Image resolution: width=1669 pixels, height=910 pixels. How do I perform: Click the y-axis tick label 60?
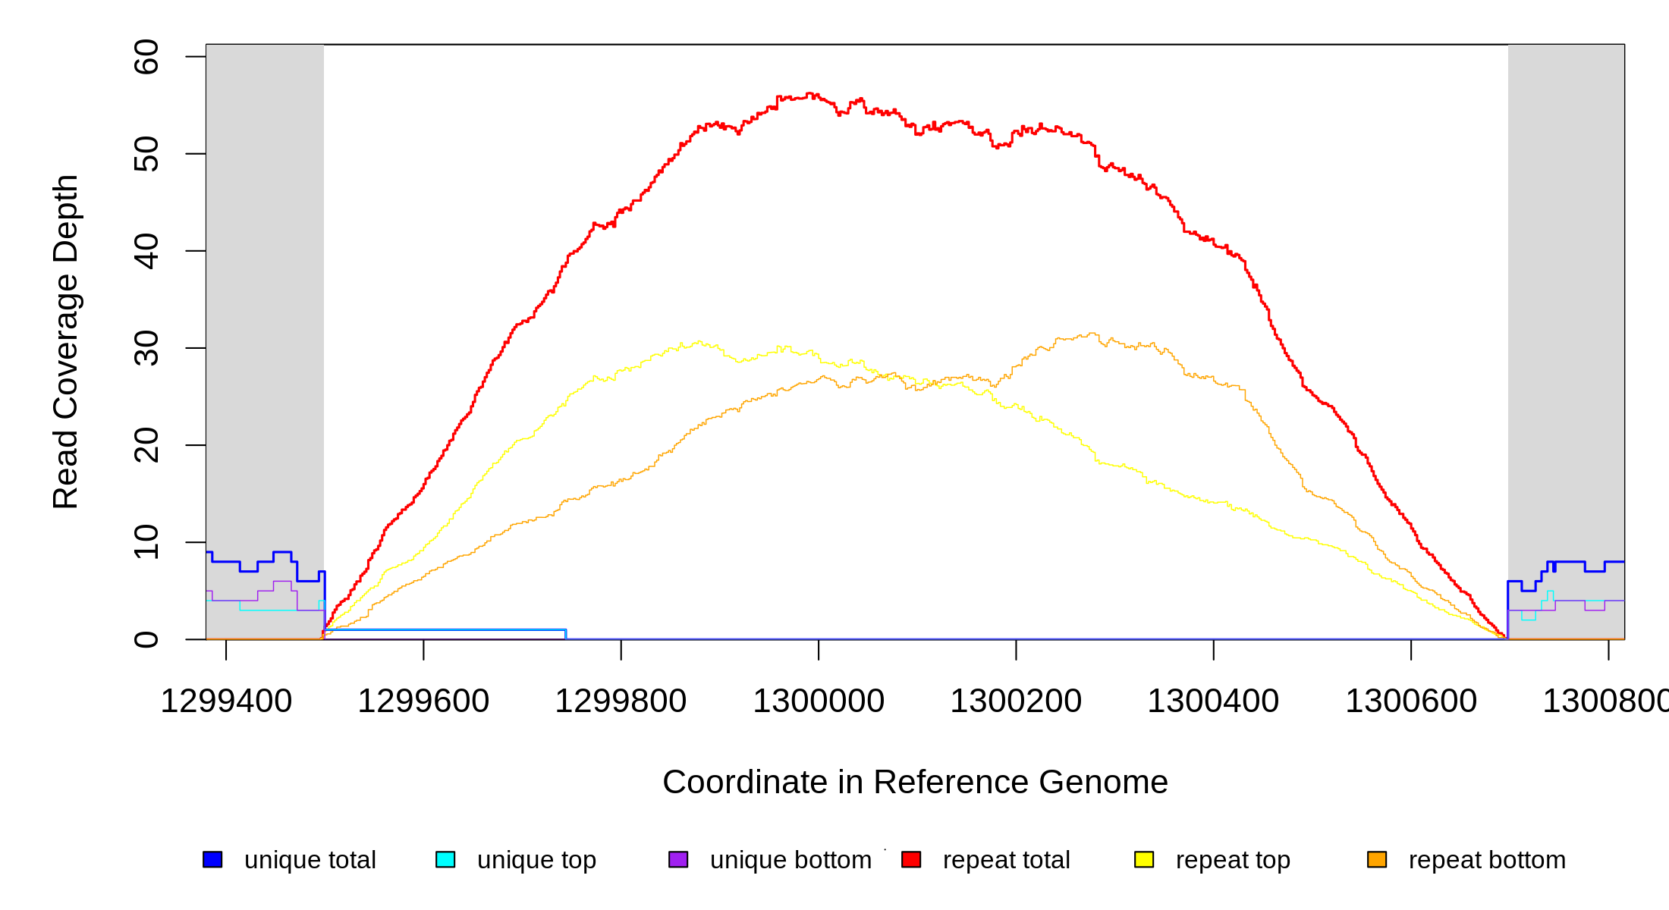(x=146, y=57)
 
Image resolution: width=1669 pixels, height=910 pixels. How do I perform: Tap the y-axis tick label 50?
(x=146, y=154)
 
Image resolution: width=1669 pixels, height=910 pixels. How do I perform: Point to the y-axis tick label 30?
(x=146, y=348)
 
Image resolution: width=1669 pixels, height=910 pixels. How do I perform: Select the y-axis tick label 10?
(x=146, y=542)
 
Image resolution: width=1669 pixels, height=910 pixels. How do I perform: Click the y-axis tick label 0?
(x=146, y=639)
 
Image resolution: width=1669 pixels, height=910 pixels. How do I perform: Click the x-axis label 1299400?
(x=226, y=701)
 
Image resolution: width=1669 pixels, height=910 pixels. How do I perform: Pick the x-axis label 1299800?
(x=621, y=701)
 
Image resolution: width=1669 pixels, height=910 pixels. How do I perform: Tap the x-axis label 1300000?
(x=819, y=701)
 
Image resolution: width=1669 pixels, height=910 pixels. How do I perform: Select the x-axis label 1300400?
(x=1213, y=701)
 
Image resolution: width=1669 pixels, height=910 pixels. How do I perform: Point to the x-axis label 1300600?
(x=1411, y=701)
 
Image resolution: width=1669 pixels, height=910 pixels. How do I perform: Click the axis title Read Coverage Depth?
(x=65, y=341)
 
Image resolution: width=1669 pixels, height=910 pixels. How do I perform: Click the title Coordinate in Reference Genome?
(x=915, y=782)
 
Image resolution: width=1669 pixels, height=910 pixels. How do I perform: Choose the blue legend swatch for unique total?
(x=212, y=859)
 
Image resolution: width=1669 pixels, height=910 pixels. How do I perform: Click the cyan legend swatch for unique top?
(x=445, y=859)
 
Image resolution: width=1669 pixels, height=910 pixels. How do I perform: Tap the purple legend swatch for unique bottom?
(x=678, y=859)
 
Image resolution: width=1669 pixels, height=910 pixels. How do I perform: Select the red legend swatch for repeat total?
(x=911, y=859)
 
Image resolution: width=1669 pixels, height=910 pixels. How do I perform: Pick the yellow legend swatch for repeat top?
(x=1144, y=859)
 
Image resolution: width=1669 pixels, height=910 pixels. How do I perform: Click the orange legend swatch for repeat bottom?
(x=1377, y=859)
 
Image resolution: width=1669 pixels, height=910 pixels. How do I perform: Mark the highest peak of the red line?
(x=809, y=93)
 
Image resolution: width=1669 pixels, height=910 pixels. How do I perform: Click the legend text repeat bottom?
(x=1487, y=860)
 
